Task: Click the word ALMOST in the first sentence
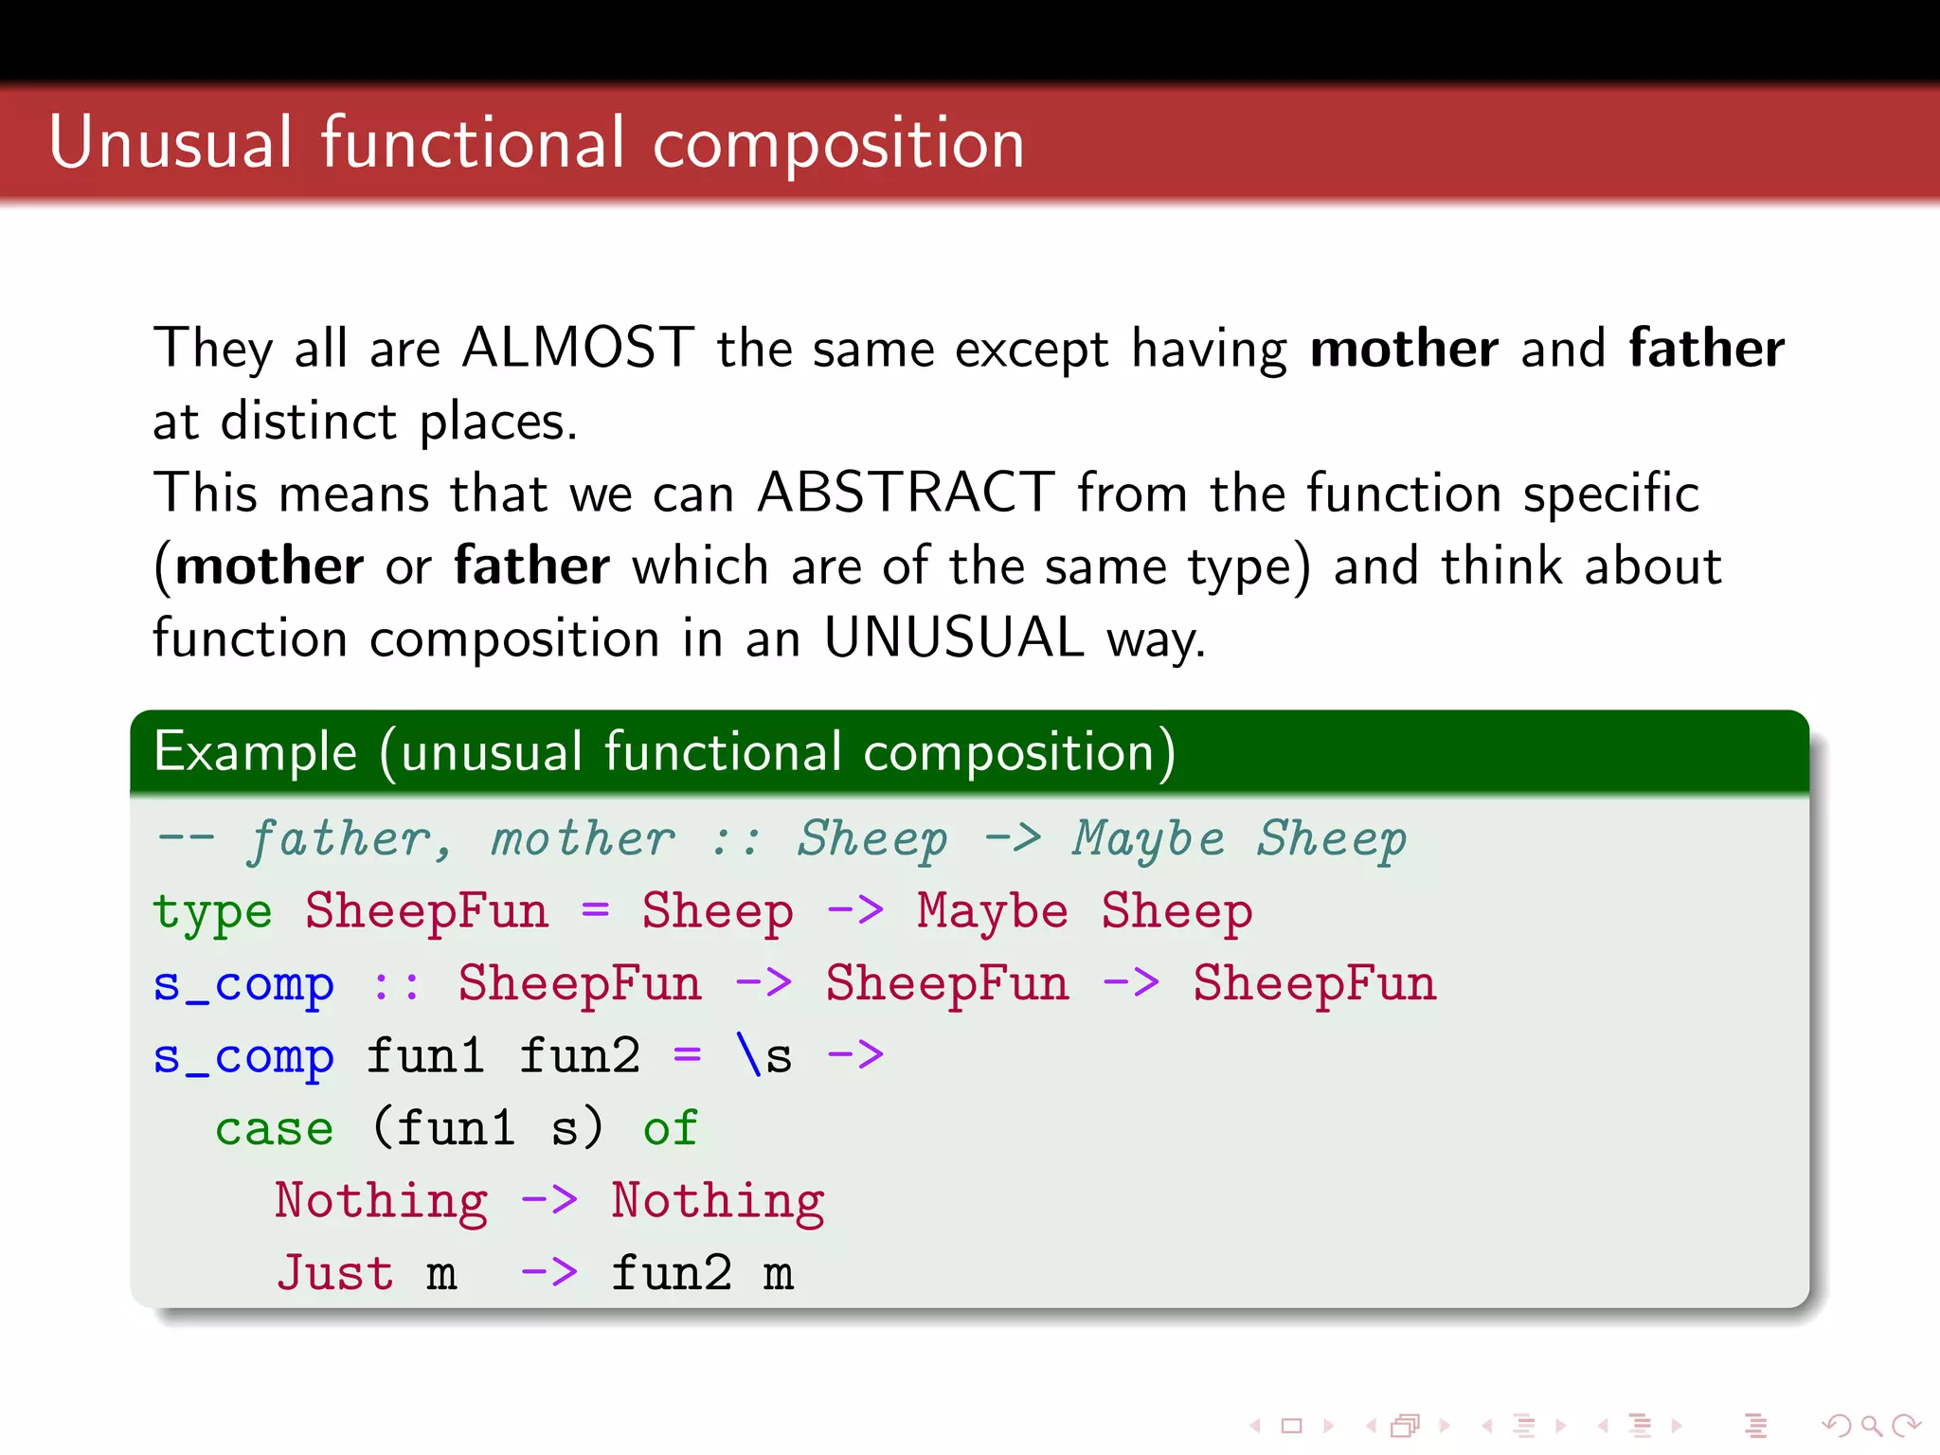578,348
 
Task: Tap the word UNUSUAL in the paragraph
953,638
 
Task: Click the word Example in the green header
256,752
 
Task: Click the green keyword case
274,1129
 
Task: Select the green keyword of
670,1129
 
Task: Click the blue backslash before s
748,1055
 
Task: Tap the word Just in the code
334,1273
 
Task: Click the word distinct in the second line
308,421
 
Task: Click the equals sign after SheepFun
595,911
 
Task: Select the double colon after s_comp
396,985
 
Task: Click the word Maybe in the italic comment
1148,840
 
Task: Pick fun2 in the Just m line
671,1273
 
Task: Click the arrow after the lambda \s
854,1055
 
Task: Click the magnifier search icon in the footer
1871,1426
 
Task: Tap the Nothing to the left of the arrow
381,1201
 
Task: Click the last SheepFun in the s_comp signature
1314,983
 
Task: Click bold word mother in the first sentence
1404,348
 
